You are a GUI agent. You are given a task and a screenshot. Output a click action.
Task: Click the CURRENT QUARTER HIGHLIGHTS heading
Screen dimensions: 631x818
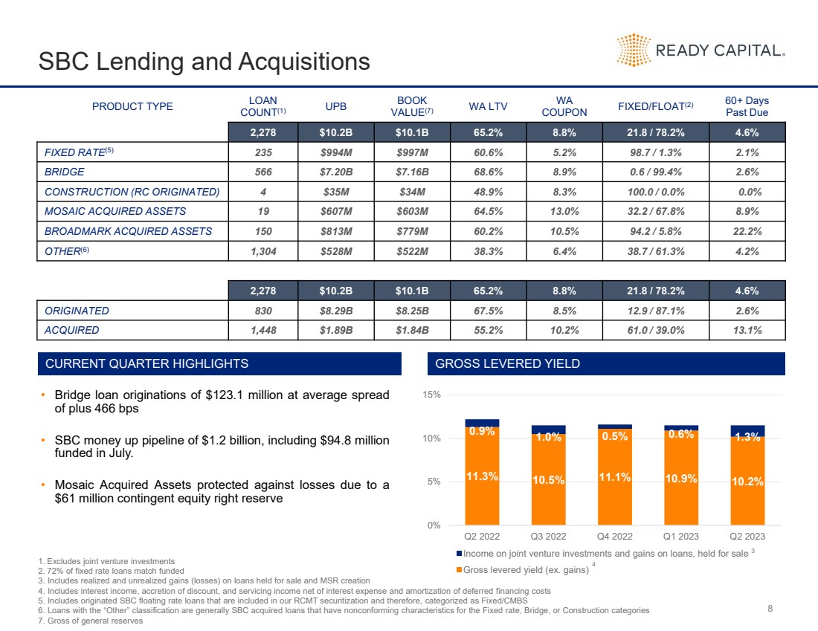(x=147, y=363)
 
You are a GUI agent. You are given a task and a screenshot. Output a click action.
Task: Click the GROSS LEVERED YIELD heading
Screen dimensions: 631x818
(x=508, y=363)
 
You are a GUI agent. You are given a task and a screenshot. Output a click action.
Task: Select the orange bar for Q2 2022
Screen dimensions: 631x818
(x=482, y=479)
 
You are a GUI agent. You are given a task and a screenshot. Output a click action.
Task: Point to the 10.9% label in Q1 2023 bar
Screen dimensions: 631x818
(x=681, y=479)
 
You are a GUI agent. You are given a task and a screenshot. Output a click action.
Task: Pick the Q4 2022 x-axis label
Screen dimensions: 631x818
(x=614, y=536)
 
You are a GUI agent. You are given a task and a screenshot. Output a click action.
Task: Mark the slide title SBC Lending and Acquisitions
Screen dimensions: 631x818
(x=204, y=61)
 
